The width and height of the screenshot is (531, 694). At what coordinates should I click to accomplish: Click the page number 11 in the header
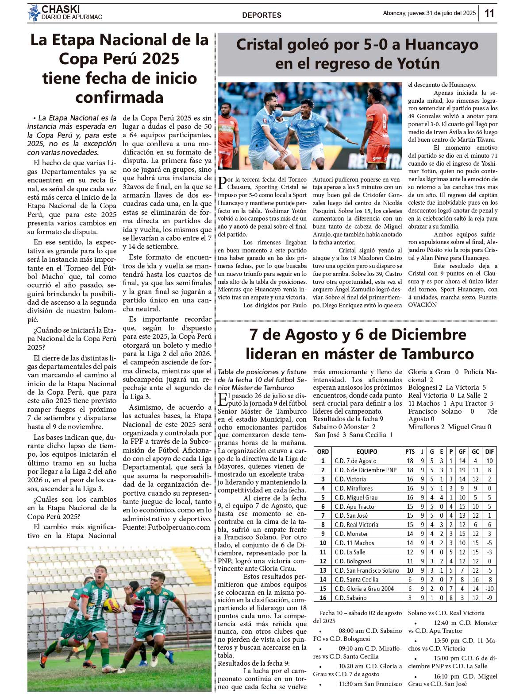pyautogui.click(x=489, y=13)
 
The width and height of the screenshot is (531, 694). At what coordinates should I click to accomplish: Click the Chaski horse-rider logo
pyautogui.click(x=34, y=13)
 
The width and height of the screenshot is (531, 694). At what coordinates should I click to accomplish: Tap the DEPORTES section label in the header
pyautogui.click(x=262, y=15)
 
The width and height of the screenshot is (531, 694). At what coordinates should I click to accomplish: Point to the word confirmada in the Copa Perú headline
pyautogui.click(x=119, y=97)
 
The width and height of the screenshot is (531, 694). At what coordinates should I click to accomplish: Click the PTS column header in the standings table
pyautogui.click(x=410, y=451)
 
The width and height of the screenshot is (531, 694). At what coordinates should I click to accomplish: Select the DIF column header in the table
pyautogui.click(x=489, y=451)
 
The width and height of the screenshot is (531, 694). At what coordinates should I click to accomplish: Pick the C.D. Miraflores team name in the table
pyautogui.click(x=354, y=488)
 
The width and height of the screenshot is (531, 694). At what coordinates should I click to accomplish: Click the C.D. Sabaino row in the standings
pyautogui.click(x=350, y=598)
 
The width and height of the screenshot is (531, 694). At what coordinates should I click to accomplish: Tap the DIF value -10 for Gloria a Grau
pyautogui.click(x=489, y=589)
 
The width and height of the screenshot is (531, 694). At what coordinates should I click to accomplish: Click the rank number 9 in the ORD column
pyautogui.click(x=323, y=534)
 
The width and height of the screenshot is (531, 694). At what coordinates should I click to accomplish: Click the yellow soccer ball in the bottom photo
pyautogui.click(x=111, y=605)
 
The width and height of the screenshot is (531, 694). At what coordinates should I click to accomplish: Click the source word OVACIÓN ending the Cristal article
pyautogui.click(x=422, y=305)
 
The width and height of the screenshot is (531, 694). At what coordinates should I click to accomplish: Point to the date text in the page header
pyautogui.click(x=429, y=13)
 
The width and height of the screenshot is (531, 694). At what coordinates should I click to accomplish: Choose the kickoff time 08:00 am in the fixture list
pyautogui.click(x=352, y=631)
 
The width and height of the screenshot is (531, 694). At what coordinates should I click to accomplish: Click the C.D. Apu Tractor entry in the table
pyautogui.click(x=355, y=506)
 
